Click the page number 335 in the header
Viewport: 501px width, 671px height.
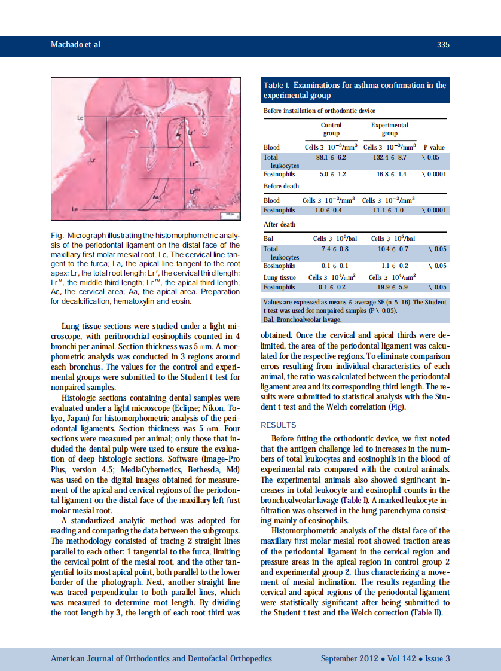442,45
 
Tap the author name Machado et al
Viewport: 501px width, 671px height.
75,45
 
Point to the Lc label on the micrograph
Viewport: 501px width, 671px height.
80,117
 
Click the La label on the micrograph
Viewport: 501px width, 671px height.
75,209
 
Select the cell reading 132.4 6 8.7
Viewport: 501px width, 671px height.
389,157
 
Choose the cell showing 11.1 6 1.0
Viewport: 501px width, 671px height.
388,211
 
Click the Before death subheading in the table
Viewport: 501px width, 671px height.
281,186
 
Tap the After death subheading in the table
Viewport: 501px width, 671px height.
279,224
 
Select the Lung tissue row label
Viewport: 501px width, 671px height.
280,277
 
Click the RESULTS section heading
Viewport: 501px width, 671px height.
279,425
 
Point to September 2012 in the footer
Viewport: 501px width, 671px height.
349,658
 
